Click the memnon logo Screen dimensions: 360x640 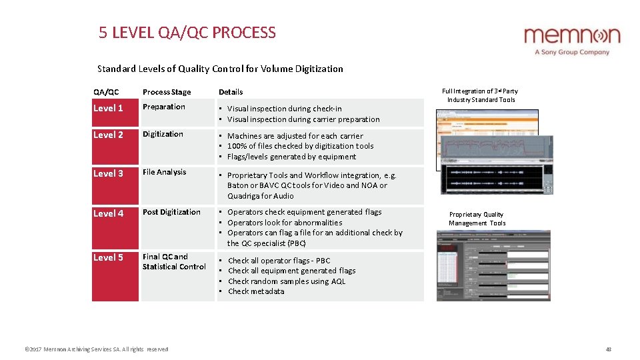point(571,35)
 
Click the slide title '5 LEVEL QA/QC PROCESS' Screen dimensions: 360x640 point(187,33)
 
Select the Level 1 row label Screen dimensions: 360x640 point(108,108)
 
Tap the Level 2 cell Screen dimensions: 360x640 point(108,135)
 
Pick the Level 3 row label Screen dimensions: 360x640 point(108,173)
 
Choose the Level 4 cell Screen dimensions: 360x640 point(108,213)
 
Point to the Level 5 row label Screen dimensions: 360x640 point(108,257)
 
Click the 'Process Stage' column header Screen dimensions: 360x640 point(167,92)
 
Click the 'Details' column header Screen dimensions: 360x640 point(231,92)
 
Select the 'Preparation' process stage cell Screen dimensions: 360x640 point(164,107)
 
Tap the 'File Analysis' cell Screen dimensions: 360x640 point(165,172)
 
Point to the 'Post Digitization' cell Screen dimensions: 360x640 point(171,212)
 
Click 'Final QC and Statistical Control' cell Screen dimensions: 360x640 point(174,261)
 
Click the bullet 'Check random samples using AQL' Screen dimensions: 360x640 point(287,281)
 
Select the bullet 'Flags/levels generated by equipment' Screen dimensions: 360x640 point(291,157)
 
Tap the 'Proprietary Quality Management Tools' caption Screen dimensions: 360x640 point(477,219)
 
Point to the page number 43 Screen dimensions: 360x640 point(608,349)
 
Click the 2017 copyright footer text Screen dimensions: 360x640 point(96,349)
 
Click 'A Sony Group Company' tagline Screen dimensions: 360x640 point(572,52)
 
